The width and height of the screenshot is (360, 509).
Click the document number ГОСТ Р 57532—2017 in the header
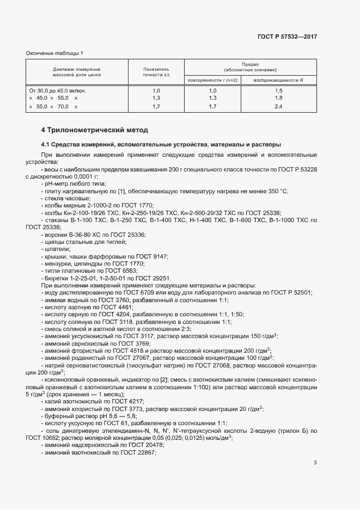pyautogui.click(x=287, y=36)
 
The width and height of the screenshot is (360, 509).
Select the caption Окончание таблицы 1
pyautogui.click(x=54, y=53)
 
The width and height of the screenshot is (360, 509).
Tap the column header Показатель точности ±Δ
pyautogui.click(x=156, y=72)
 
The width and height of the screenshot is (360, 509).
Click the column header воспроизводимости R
pyautogui.click(x=278, y=81)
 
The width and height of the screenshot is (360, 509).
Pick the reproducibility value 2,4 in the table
pyautogui.click(x=278, y=107)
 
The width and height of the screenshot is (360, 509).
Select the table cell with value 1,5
pyautogui.click(x=278, y=90)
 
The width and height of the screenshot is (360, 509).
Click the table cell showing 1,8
pyautogui.click(x=278, y=98)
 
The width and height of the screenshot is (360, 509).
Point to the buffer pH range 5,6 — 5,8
pyautogui.click(x=115, y=415)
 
